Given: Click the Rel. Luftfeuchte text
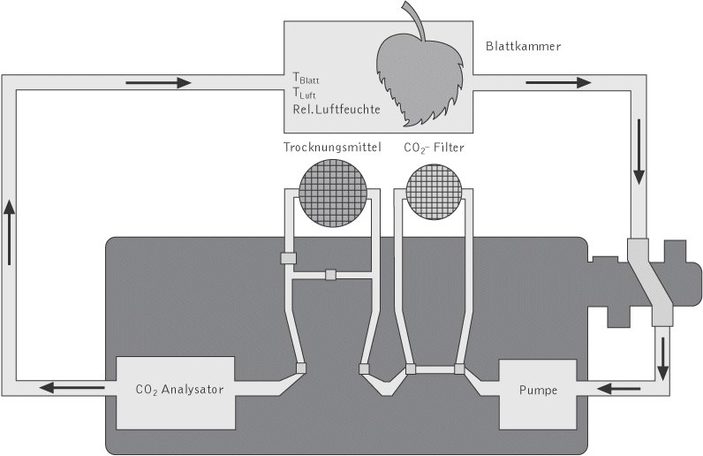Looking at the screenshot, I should (336, 110).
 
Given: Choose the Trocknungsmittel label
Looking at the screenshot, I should (332, 148).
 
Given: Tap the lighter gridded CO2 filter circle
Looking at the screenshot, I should (433, 194).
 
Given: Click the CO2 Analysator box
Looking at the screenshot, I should (175, 388).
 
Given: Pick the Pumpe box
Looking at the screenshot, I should (537, 389).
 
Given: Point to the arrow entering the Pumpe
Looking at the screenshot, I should (616, 388).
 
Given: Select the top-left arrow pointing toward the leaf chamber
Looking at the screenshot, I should (159, 83).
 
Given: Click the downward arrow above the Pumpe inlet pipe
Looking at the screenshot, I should (661, 351).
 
